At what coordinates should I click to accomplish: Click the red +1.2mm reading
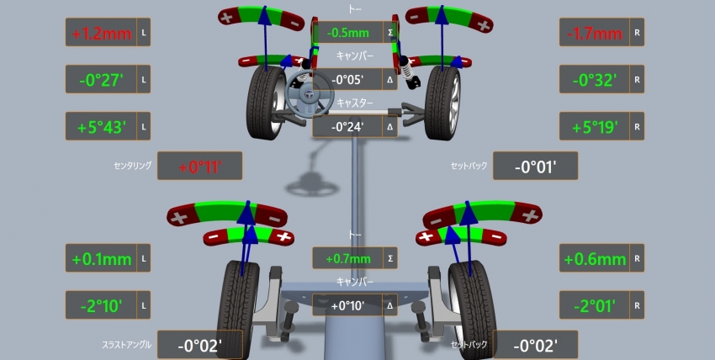[102, 33]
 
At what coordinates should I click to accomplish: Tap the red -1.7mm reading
[595, 33]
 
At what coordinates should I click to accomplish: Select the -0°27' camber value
[101, 80]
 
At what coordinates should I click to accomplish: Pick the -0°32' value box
[595, 80]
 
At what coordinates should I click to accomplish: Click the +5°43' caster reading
[101, 127]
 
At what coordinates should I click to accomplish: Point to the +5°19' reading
[595, 127]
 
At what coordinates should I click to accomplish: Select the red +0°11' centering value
[199, 167]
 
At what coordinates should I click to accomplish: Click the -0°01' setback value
[535, 167]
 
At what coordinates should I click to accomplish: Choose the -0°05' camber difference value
[347, 79]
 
